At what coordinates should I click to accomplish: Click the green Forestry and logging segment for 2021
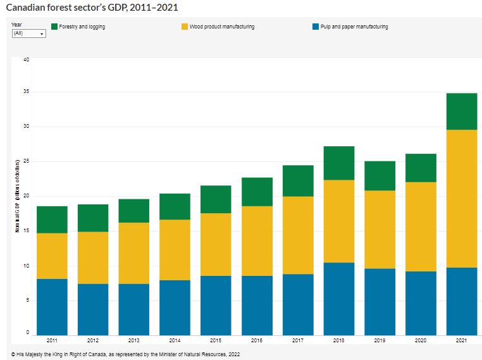[462, 111]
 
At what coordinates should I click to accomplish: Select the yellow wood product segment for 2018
[338, 221]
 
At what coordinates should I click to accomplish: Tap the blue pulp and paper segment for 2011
[52, 307]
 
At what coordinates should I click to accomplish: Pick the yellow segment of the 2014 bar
[175, 250]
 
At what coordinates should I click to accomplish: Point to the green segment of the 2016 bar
[257, 192]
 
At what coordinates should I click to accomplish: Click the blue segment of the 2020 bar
[421, 303]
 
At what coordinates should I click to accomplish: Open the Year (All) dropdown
[29, 33]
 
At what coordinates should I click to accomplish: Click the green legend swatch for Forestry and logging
[54, 27]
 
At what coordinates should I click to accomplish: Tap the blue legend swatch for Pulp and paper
[316, 27]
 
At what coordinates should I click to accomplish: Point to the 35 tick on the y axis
[26, 92]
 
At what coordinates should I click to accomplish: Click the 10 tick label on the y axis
[26, 266]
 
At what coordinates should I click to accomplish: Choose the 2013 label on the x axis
[133, 341]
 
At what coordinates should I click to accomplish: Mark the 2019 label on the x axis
[380, 341]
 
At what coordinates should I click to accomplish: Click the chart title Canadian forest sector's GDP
[92, 7]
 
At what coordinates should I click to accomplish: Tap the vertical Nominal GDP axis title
[17, 196]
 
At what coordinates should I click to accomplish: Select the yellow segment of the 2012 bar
[93, 258]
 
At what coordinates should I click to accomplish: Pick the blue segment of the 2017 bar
[298, 304]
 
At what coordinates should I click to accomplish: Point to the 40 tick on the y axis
[26, 59]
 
